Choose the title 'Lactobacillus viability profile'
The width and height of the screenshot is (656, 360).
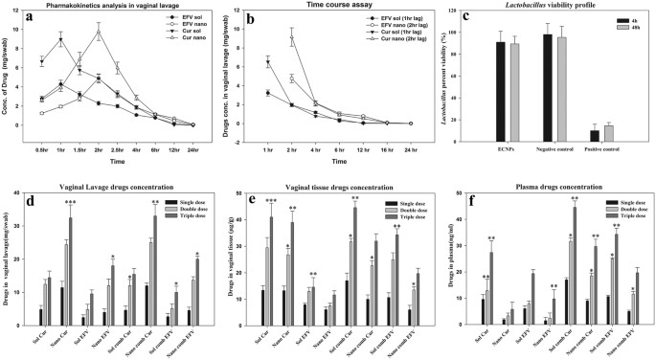click(x=546, y=6)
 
